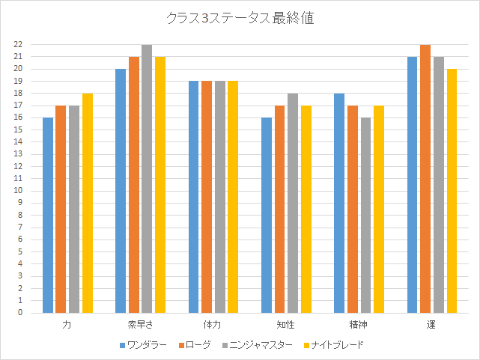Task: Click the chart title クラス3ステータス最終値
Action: click(x=240, y=19)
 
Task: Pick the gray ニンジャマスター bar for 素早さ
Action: click(x=147, y=179)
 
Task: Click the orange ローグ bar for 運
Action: click(x=425, y=179)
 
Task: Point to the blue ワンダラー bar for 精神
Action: click(x=340, y=204)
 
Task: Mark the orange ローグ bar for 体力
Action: click(x=206, y=198)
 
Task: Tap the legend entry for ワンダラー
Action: click(x=143, y=345)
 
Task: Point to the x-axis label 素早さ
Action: click(x=140, y=326)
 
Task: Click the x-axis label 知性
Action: click(x=285, y=326)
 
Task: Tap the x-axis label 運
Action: click(x=431, y=326)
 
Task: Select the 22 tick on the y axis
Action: click(x=19, y=45)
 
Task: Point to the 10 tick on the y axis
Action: click(x=19, y=191)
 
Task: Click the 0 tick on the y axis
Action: click(x=21, y=313)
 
